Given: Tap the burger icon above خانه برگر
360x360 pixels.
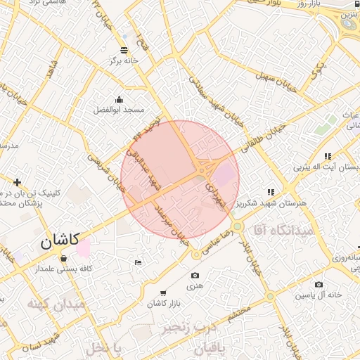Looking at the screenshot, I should pyautogui.click(x=124, y=50).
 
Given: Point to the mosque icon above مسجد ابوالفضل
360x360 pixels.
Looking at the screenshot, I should pyautogui.click(x=119, y=99).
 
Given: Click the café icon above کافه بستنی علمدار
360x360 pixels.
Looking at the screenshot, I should pyautogui.click(x=64, y=257).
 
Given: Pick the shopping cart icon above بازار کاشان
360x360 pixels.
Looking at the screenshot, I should pyautogui.click(x=164, y=292).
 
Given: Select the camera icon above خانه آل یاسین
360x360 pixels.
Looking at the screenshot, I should pyautogui.click(x=319, y=284).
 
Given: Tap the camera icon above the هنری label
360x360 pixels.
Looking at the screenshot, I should pyautogui.click(x=195, y=275).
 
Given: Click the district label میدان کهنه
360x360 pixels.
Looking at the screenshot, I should pyautogui.click(x=56, y=304).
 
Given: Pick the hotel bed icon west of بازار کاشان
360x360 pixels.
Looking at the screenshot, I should pyautogui.click(x=138, y=262).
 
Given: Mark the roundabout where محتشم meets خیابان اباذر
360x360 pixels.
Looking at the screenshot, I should pyautogui.click(x=269, y=297).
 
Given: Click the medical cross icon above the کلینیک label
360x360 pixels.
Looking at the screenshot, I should pyautogui.click(x=17, y=182).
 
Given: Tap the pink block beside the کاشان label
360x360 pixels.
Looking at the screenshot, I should pyautogui.click(x=84, y=247).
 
